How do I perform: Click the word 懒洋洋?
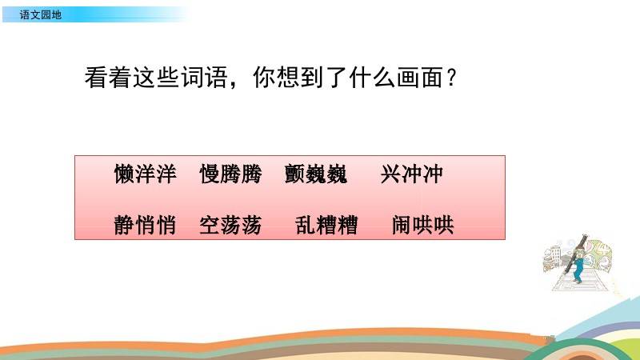pos(146,174)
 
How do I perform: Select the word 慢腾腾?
pos(230,174)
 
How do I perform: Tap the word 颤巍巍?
pos(316,174)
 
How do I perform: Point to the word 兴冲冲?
pos(411,174)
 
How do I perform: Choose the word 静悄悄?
pos(145,225)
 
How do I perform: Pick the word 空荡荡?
pos(230,225)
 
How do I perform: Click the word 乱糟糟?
pos(326,225)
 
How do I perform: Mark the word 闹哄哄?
pos(423,225)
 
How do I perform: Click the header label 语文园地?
pos(41,15)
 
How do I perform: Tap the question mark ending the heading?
pos(451,77)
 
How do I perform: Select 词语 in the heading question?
pos(204,77)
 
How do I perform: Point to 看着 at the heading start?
pos(108,77)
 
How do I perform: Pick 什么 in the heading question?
pos(371,77)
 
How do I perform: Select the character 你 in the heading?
pos(264,77)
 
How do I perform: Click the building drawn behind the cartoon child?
pos(553,257)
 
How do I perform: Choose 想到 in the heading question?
pos(301,77)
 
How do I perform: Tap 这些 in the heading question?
pos(156,77)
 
